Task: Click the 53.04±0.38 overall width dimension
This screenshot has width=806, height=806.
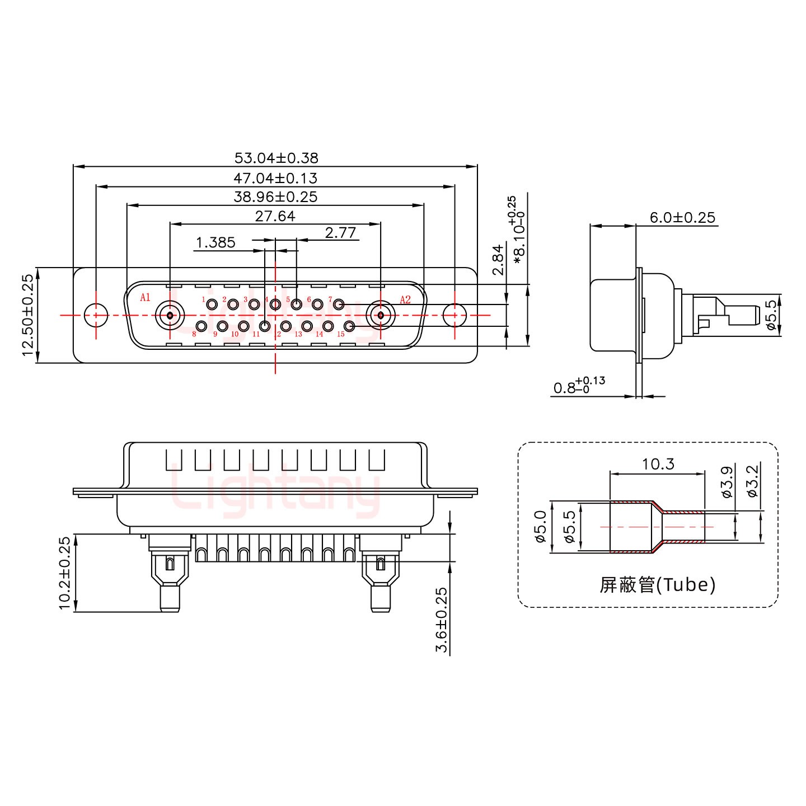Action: click(275, 158)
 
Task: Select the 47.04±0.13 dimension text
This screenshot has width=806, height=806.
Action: click(275, 178)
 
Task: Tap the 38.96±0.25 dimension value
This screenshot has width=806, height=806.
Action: click(275, 197)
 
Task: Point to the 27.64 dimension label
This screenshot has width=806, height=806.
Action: click(275, 216)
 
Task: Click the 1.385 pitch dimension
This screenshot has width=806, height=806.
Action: click(215, 242)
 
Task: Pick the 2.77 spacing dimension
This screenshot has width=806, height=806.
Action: click(340, 232)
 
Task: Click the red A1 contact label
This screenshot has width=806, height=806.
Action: click(145, 297)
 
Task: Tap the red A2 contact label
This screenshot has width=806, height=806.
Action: click(405, 299)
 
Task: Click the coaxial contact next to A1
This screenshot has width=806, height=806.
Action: click(170, 315)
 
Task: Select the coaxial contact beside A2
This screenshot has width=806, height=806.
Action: click(381, 315)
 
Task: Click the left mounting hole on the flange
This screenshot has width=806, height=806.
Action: click(96, 315)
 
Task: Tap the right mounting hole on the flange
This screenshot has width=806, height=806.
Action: click(454, 315)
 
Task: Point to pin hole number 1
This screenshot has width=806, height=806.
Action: click(212, 305)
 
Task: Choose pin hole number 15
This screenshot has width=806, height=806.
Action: click(349, 326)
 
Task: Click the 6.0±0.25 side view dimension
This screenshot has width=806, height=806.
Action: click(682, 217)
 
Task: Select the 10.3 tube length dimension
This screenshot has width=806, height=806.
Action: click(658, 464)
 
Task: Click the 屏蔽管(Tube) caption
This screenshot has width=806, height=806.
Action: click(657, 585)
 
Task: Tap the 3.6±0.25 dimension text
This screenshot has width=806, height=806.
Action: click(442, 620)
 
